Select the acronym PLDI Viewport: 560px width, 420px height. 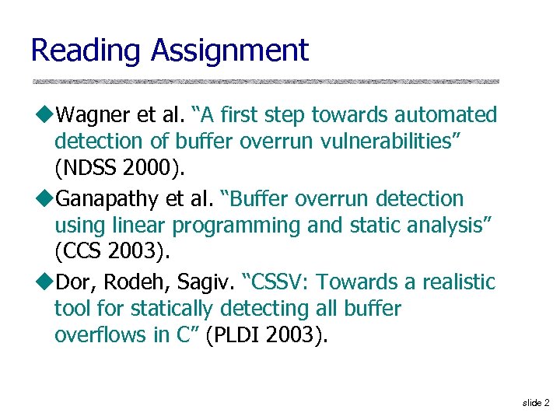240,336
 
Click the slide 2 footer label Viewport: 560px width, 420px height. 535,402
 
